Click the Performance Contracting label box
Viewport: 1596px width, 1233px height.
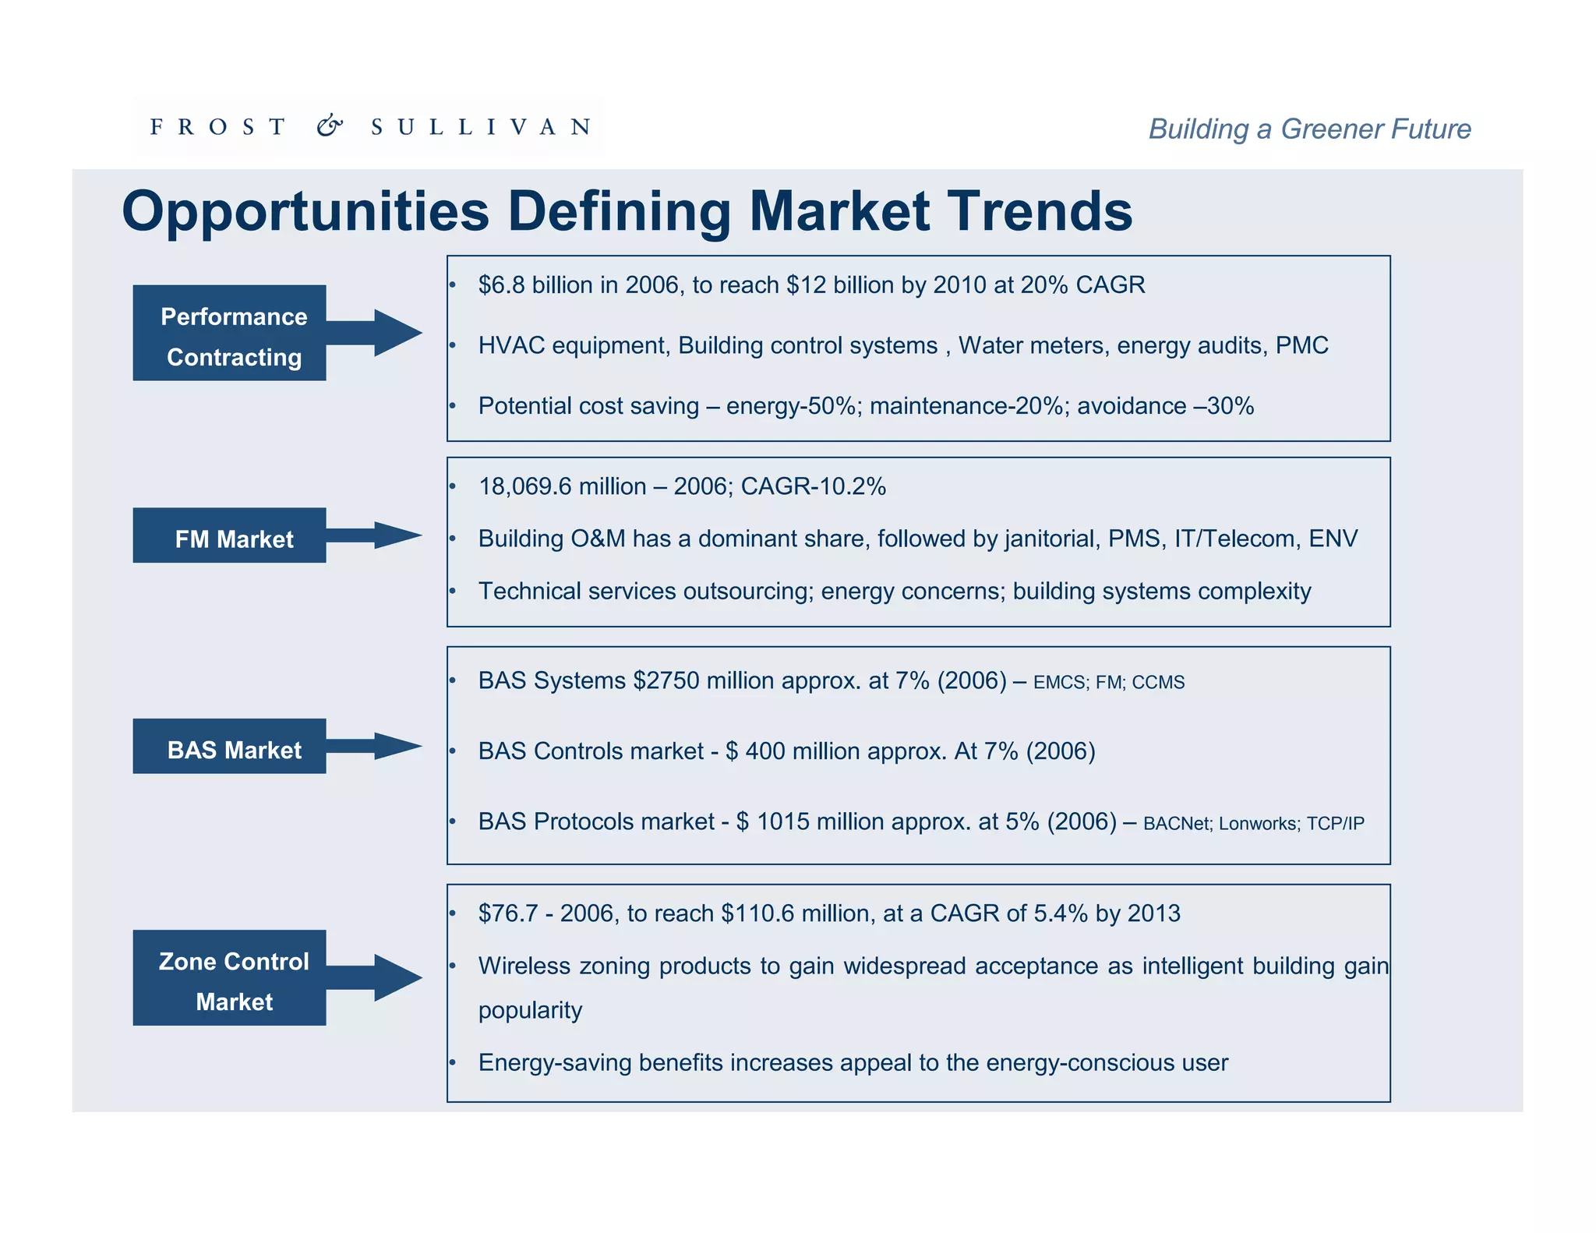click(229, 333)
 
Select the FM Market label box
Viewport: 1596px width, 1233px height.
click(229, 535)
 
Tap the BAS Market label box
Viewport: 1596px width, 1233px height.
click(229, 746)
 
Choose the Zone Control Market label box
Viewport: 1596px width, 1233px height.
click(229, 977)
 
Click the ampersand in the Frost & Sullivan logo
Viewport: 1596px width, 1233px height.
click(330, 125)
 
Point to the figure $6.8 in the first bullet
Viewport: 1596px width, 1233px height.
click(501, 285)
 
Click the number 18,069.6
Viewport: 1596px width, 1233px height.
click(524, 486)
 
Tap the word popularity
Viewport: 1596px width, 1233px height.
click(530, 1011)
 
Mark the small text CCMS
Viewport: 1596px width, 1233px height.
click(1158, 683)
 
